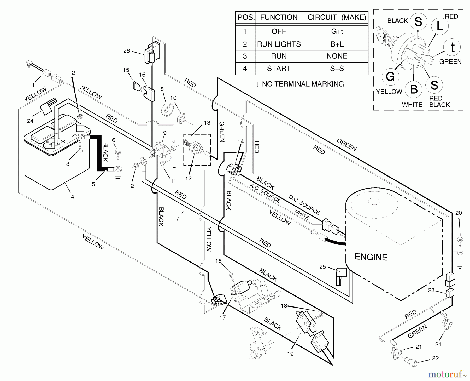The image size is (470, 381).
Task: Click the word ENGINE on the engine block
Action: [x=371, y=257]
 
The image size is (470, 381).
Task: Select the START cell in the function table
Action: [x=279, y=69]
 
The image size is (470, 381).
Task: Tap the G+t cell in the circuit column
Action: [x=337, y=31]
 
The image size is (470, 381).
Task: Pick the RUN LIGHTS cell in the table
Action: [x=279, y=44]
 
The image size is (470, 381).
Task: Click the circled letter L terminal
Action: [x=440, y=26]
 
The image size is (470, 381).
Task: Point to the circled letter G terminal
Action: [x=390, y=77]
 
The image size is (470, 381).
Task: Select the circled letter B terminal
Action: [x=414, y=89]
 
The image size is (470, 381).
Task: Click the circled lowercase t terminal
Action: [x=453, y=47]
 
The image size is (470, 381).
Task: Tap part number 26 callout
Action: [x=126, y=51]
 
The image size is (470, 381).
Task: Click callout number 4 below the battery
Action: [x=72, y=197]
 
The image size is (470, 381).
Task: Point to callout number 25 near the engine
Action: [x=322, y=267]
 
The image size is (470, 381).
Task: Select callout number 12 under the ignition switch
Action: [x=188, y=179]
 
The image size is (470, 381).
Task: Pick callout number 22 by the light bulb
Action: [x=435, y=358]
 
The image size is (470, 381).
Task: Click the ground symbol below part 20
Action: [x=460, y=266]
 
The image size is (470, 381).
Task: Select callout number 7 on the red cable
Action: [x=178, y=218]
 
